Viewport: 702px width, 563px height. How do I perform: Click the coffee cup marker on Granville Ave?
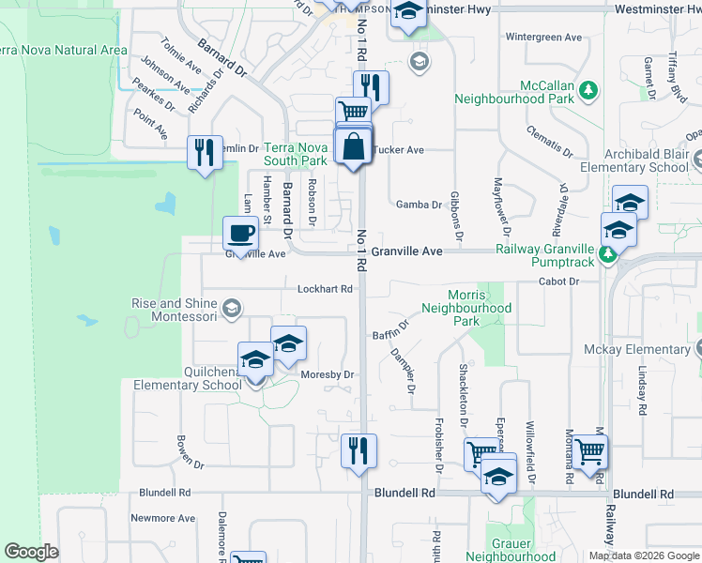pyautogui.click(x=238, y=234)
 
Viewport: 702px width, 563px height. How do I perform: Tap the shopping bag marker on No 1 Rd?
pyautogui.click(x=353, y=146)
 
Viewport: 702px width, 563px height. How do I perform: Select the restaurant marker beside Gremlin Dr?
pyautogui.click(x=205, y=152)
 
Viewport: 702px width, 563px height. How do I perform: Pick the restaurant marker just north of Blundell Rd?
pyautogui.click(x=359, y=451)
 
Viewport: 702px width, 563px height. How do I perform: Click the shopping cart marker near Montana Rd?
pyautogui.click(x=589, y=452)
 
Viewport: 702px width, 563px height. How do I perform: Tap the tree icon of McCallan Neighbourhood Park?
pyautogui.click(x=588, y=90)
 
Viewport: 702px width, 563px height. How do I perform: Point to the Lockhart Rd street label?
pyautogui.click(x=325, y=289)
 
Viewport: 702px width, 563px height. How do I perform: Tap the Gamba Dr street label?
pyautogui.click(x=418, y=205)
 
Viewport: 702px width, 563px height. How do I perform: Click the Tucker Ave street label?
pyautogui.click(x=399, y=149)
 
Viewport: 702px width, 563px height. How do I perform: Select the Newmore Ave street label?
pyautogui.click(x=162, y=518)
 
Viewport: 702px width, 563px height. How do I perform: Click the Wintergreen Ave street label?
pyautogui.click(x=544, y=38)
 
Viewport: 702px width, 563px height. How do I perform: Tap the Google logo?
pyautogui.click(x=31, y=552)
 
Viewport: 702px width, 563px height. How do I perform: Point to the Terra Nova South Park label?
pyautogui.click(x=295, y=154)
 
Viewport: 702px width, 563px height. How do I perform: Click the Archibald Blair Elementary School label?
pyautogui.click(x=633, y=160)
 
